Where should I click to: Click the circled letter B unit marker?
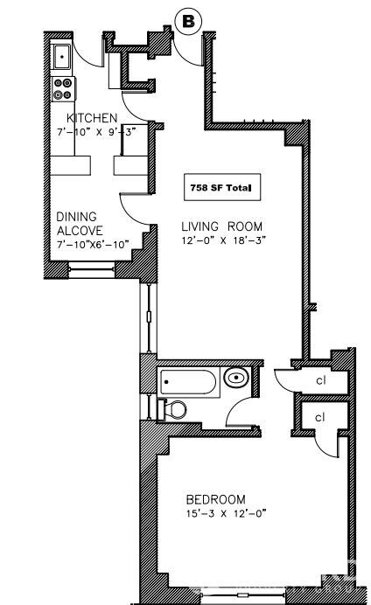(x=188, y=22)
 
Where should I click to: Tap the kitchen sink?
(x=62, y=57)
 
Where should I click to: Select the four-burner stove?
(x=62, y=89)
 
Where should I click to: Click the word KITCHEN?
(x=92, y=118)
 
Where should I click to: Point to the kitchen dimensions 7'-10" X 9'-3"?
(x=96, y=132)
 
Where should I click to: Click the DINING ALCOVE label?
(x=80, y=224)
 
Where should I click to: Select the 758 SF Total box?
(x=222, y=187)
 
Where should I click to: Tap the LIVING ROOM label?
(x=221, y=226)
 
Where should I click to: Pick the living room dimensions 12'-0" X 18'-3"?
(x=224, y=240)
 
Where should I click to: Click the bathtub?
(x=188, y=382)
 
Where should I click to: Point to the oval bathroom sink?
(x=236, y=377)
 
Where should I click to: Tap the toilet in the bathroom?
(x=173, y=409)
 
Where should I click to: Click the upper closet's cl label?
(x=321, y=380)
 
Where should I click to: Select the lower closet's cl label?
(x=320, y=418)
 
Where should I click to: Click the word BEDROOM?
(x=216, y=499)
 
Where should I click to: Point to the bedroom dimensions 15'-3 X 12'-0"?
(x=227, y=513)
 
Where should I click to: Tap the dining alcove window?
(x=92, y=269)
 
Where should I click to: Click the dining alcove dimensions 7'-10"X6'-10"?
(x=93, y=245)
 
